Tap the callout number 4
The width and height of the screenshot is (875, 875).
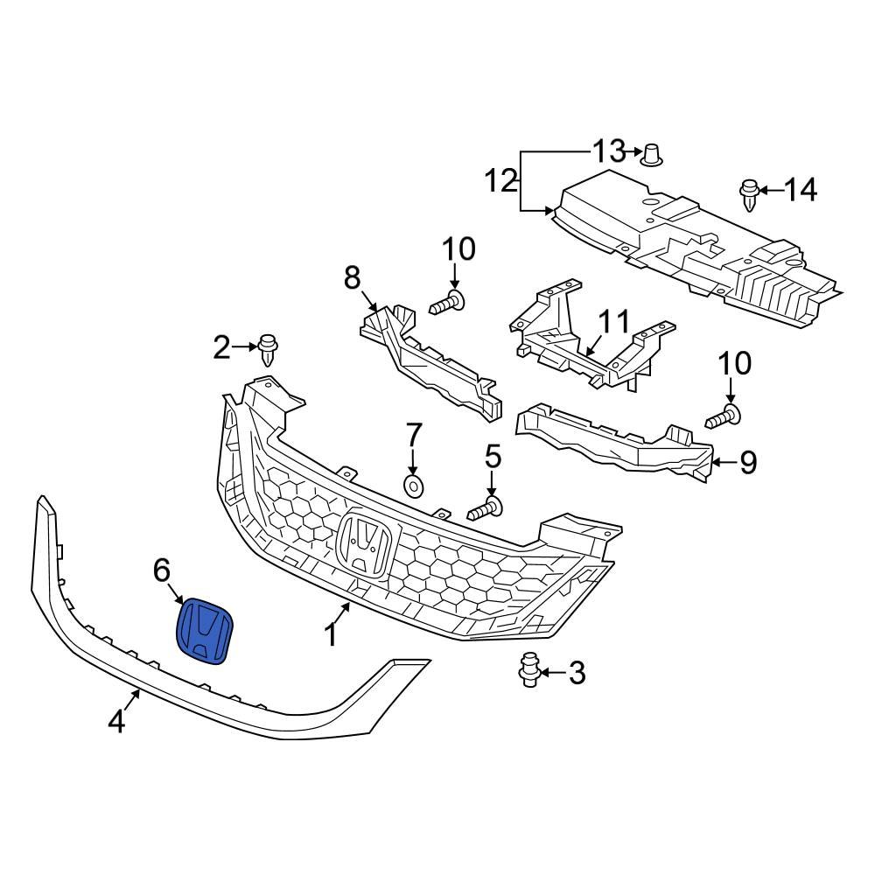click(117, 722)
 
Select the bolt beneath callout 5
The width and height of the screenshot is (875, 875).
click(485, 507)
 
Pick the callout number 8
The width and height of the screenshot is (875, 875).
click(352, 278)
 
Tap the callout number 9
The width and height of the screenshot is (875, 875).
click(748, 462)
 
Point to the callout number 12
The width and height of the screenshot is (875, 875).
click(502, 182)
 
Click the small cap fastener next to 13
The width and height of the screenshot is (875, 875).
click(651, 155)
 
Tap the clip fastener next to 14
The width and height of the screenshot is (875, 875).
click(749, 194)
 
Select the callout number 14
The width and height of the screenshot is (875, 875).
click(800, 189)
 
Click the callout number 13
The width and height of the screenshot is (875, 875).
click(610, 150)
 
